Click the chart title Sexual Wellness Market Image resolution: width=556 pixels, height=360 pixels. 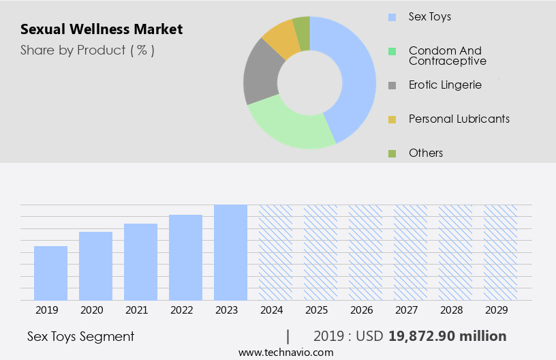(x=102, y=29)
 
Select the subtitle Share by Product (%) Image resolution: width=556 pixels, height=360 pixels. (x=87, y=50)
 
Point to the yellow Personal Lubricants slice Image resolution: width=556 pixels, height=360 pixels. (x=281, y=40)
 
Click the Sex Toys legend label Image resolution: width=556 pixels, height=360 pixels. (x=429, y=16)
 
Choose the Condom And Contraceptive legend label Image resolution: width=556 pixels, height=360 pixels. (x=448, y=56)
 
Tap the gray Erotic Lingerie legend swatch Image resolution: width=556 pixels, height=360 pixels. (x=392, y=86)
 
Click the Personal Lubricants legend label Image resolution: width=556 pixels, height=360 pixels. (x=459, y=119)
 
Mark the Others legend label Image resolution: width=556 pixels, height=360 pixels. (x=425, y=153)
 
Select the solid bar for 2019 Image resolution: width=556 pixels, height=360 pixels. (x=50, y=273)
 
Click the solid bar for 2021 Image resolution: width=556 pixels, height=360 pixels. (x=140, y=262)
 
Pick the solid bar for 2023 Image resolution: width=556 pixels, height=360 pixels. (x=230, y=252)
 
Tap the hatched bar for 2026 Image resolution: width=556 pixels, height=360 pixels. (x=365, y=252)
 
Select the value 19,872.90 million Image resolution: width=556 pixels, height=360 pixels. (x=447, y=336)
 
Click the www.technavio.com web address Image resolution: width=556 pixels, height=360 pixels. (x=285, y=352)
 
